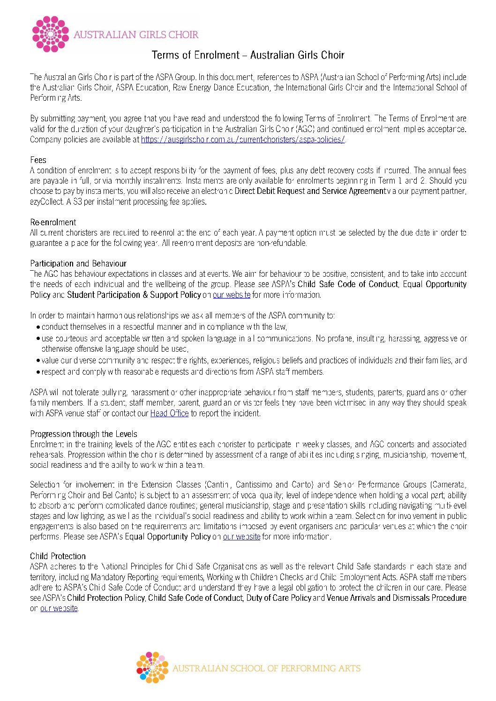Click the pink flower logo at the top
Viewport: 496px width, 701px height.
click(x=50, y=34)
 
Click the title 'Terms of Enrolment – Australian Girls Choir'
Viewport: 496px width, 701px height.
click(x=248, y=55)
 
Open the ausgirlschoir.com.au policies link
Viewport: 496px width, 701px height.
click(x=242, y=140)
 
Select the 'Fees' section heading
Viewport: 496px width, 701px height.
click(x=38, y=160)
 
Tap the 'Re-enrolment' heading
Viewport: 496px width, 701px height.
click(x=53, y=222)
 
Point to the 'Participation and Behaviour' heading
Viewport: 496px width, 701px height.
click(x=78, y=264)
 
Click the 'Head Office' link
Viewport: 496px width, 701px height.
click(x=169, y=413)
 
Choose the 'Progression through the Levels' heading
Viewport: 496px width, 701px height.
click(x=83, y=434)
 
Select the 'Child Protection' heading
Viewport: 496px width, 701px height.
click(x=58, y=556)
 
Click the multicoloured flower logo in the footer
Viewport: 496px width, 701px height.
click(x=152, y=668)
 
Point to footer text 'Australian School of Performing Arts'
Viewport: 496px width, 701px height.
click(x=266, y=669)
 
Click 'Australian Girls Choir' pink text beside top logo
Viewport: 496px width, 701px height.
click(x=136, y=35)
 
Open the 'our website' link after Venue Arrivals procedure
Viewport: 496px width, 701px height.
click(x=59, y=608)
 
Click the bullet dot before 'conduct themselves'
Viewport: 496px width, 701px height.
click(x=38, y=327)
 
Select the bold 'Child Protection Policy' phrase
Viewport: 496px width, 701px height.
click(x=106, y=598)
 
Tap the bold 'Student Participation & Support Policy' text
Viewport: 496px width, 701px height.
click(x=134, y=295)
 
